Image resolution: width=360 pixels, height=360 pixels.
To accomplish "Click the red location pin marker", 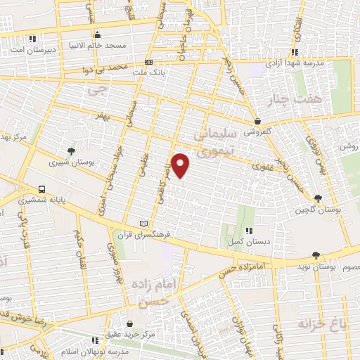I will (x=181, y=165).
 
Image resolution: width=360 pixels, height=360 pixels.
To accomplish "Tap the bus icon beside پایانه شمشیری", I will (x=43, y=189).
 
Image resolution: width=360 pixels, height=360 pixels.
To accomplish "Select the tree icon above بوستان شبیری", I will (x=70, y=150).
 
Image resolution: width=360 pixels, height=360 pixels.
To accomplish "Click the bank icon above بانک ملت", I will (x=148, y=62).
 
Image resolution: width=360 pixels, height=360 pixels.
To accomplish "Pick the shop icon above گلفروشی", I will (x=258, y=121).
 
